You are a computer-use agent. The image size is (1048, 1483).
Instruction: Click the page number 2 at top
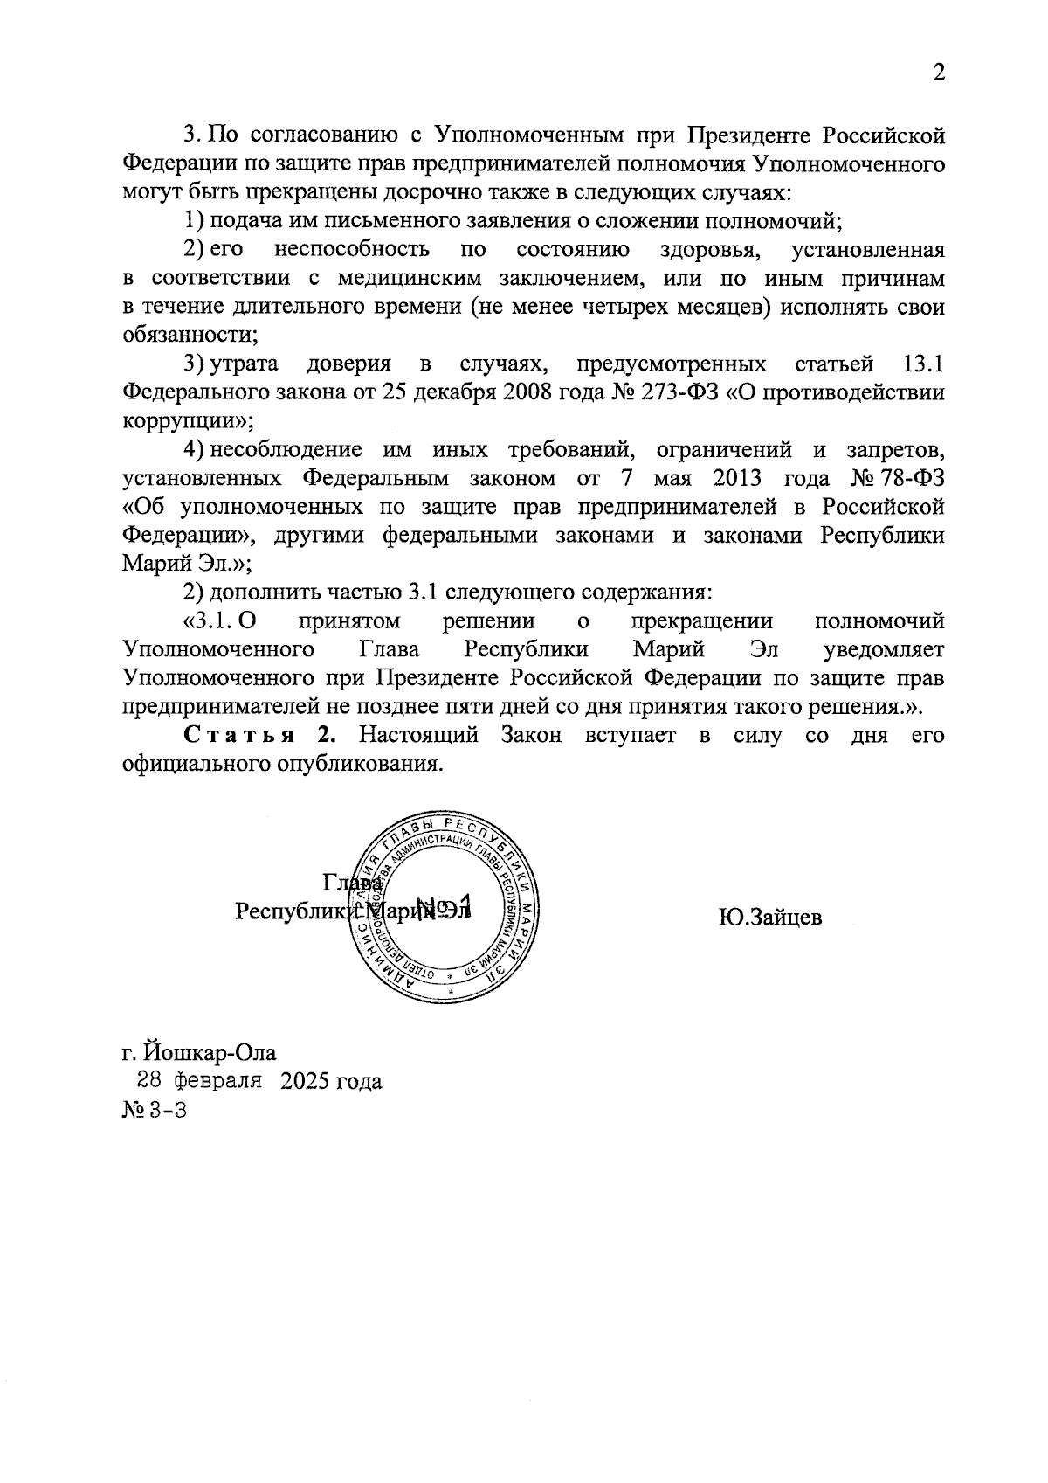[938, 73]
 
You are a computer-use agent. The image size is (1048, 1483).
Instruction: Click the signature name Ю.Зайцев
[770, 918]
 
